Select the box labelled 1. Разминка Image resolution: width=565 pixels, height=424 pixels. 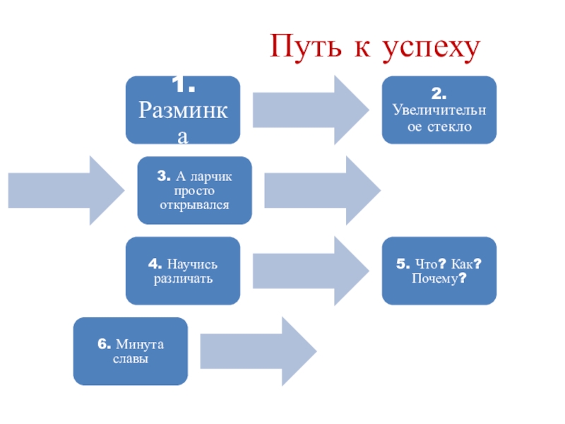pyautogui.click(x=183, y=110)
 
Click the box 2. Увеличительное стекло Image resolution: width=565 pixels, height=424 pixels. pyautogui.click(x=440, y=110)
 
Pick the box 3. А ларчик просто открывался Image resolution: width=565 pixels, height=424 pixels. pyautogui.click(x=194, y=190)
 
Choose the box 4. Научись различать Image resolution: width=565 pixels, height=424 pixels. pyautogui.click(x=183, y=271)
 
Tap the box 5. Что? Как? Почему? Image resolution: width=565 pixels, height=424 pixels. pyautogui.click(x=440, y=271)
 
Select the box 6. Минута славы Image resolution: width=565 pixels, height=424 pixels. pyautogui.click(x=131, y=351)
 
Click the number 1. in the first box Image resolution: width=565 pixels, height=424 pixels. pyautogui.click(x=183, y=86)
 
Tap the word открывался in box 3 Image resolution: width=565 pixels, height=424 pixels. pyautogui.click(x=194, y=205)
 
